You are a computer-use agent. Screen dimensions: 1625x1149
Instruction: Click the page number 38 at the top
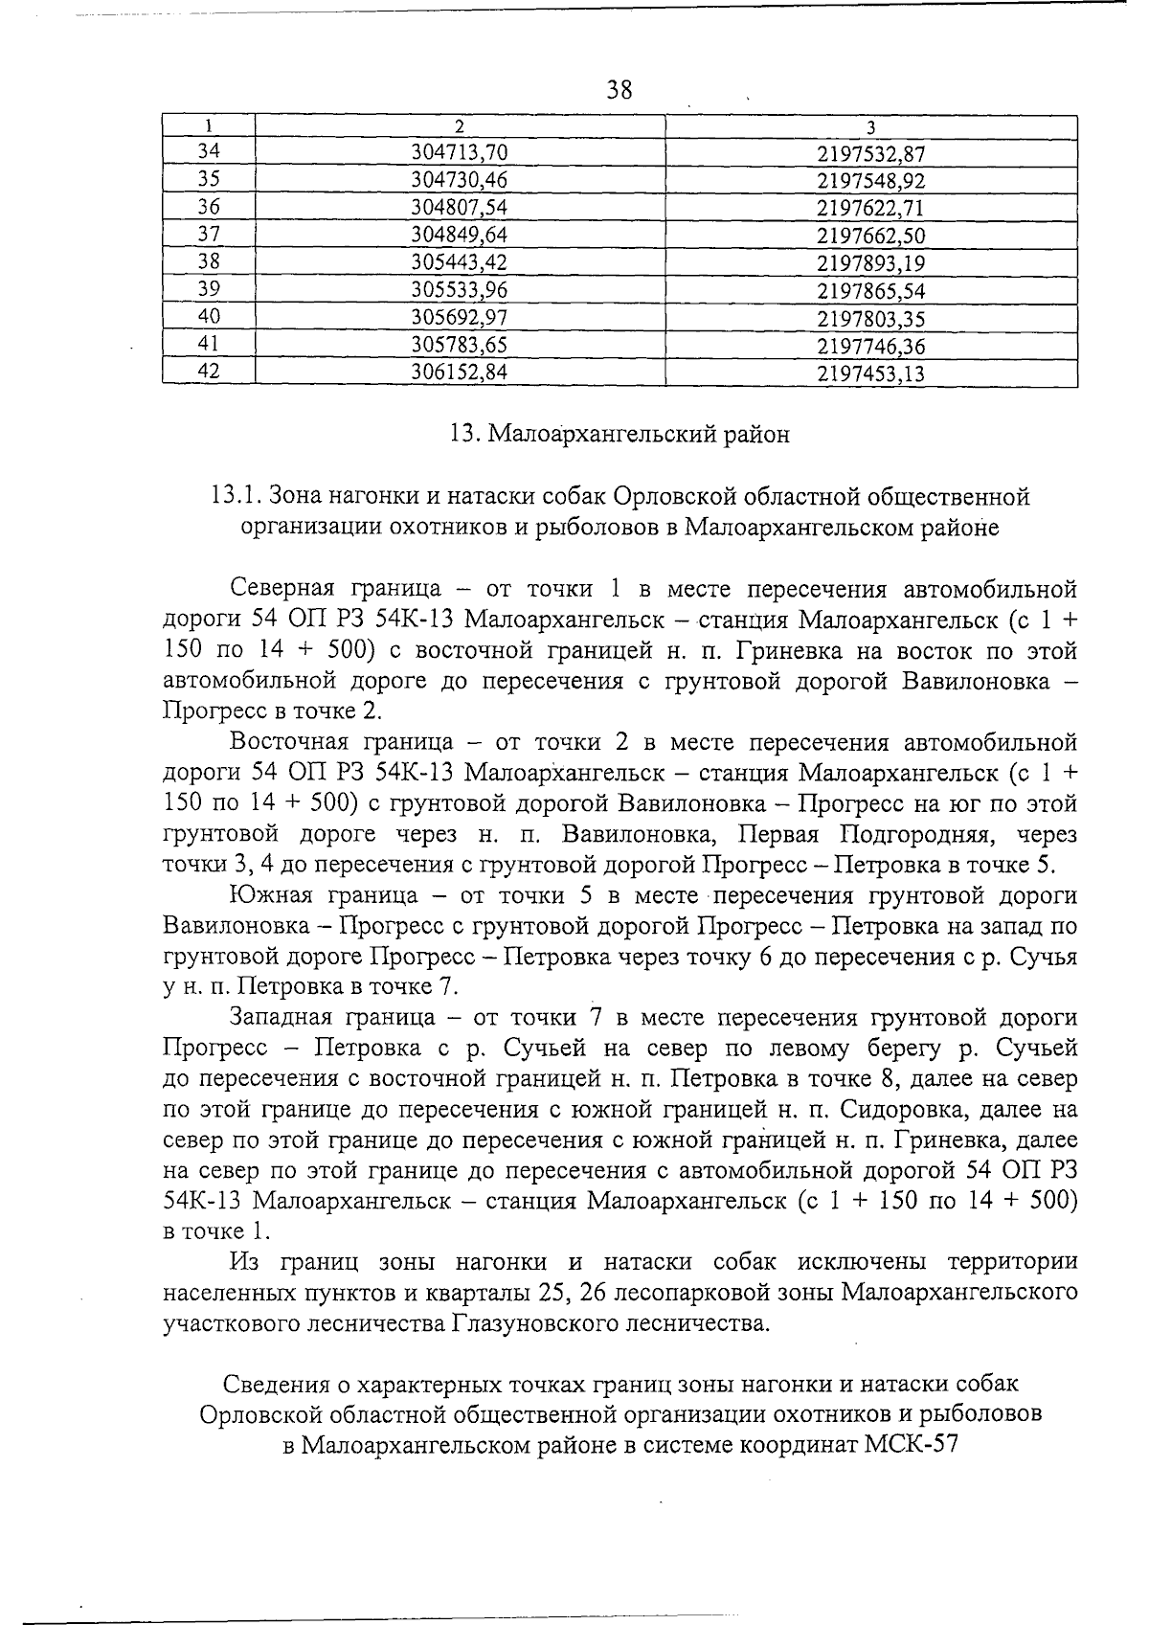click(620, 90)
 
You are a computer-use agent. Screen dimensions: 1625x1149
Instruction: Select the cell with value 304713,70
click(459, 152)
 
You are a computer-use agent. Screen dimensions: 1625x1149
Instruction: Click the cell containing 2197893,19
click(871, 263)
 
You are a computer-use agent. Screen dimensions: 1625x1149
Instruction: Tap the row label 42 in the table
click(209, 372)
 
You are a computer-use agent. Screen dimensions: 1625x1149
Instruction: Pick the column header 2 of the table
click(460, 126)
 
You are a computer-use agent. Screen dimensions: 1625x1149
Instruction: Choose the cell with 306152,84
click(459, 373)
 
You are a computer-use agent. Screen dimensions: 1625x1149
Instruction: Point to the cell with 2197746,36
click(871, 346)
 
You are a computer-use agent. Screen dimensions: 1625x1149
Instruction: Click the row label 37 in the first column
click(209, 235)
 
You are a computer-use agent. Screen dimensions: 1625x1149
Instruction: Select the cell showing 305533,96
click(459, 291)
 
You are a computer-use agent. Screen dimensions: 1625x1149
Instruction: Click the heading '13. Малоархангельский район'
click(620, 435)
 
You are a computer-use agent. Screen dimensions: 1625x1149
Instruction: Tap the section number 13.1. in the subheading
click(236, 496)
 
